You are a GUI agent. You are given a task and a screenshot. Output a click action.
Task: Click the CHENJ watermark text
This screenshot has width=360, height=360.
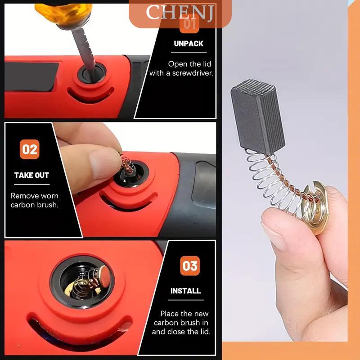[180, 13]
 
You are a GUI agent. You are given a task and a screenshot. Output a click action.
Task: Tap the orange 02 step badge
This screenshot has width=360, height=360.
[29, 149]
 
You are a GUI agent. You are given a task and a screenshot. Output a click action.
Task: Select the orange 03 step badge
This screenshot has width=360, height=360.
[190, 265]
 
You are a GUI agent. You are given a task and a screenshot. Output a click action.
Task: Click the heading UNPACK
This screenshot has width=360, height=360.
[189, 44]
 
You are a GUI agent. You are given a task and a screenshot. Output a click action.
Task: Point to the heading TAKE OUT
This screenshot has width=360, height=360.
[31, 175]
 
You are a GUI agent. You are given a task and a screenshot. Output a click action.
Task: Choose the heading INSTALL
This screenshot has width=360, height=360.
[185, 291]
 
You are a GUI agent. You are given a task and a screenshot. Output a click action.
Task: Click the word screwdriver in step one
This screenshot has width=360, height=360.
[193, 73]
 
